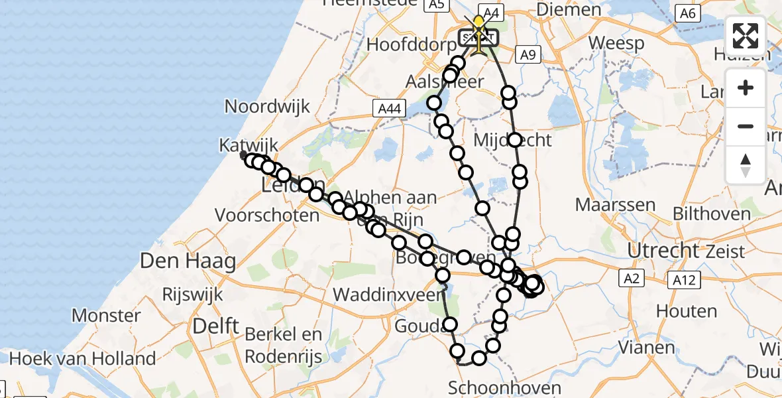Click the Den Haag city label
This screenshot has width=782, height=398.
pyautogui.click(x=188, y=261)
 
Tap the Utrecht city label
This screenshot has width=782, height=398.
pyautogui.click(x=662, y=251)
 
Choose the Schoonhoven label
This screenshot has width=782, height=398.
pyautogui.click(x=504, y=387)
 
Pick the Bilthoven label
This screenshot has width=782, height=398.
pyautogui.click(x=711, y=214)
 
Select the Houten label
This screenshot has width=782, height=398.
pyautogui.click(x=687, y=310)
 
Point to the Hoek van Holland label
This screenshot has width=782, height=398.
pyautogui.click(x=83, y=359)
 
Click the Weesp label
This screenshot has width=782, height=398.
pyautogui.click(x=616, y=44)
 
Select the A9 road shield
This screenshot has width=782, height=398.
pyautogui.click(x=528, y=56)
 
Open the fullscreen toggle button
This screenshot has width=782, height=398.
pyautogui.click(x=746, y=36)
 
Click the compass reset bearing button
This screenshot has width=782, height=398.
pyautogui.click(x=746, y=165)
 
